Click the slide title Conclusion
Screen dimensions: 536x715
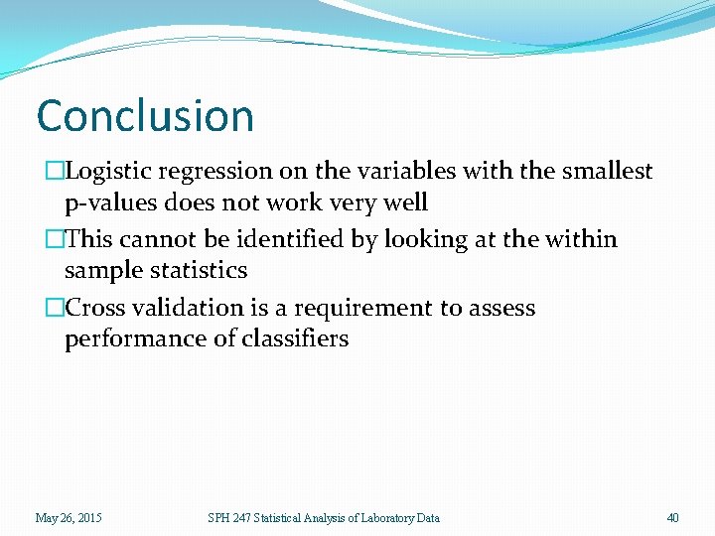(x=145, y=115)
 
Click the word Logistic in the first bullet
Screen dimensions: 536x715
(x=107, y=172)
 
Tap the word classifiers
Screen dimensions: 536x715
(x=296, y=339)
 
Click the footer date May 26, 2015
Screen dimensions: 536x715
(x=69, y=517)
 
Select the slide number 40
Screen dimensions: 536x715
(x=672, y=517)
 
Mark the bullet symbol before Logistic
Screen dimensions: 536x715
(x=56, y=172)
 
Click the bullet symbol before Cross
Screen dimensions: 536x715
(x=56, y=309)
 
